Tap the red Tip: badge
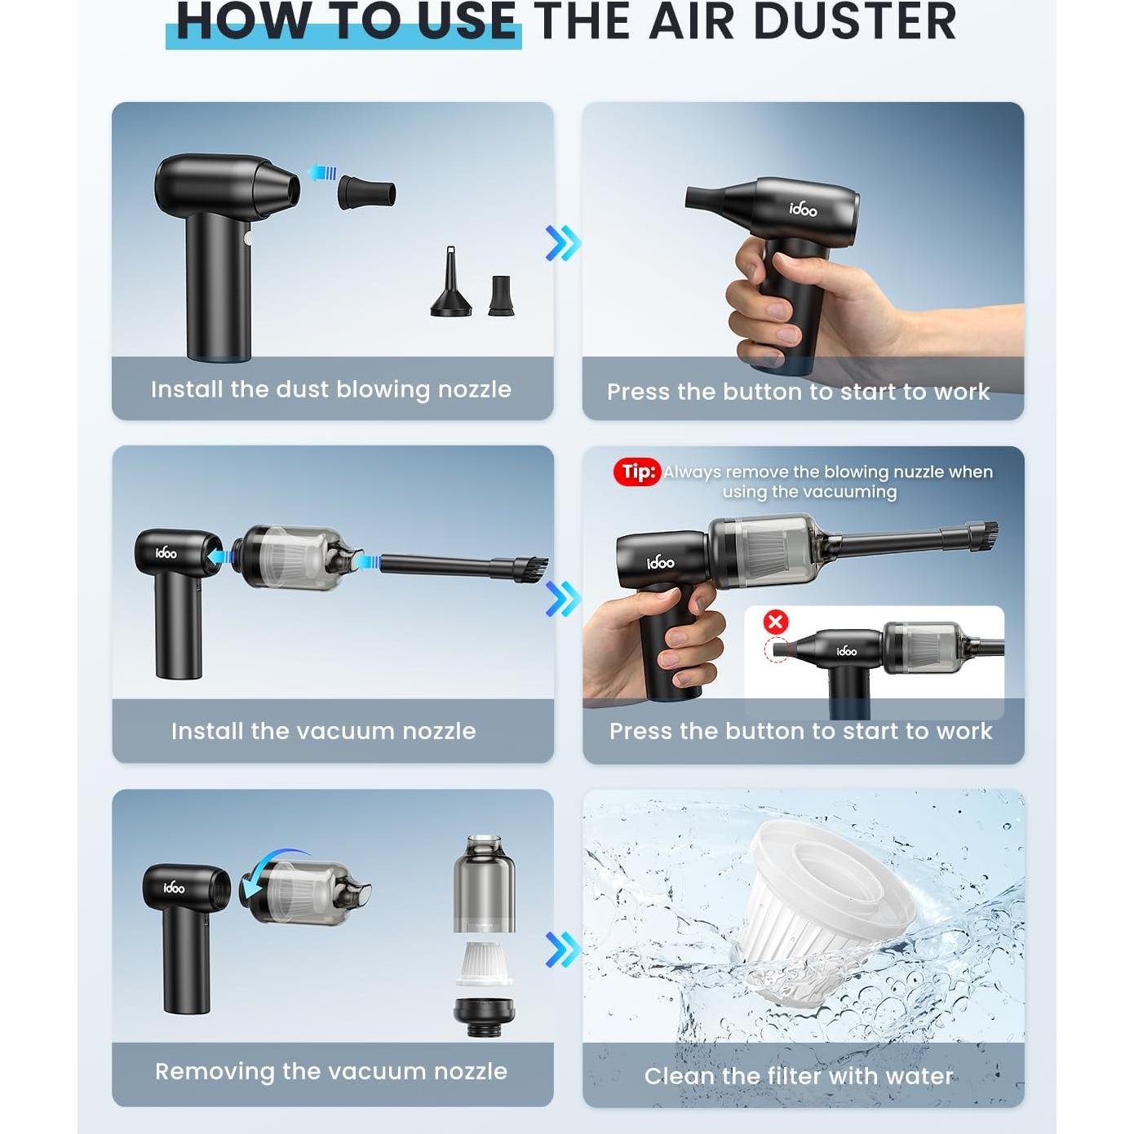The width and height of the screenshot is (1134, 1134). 636,472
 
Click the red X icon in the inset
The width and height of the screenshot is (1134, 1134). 776,622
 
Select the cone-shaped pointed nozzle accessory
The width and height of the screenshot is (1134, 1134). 451,281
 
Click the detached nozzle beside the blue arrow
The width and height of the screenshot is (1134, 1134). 366,192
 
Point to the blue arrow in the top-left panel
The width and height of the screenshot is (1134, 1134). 322,172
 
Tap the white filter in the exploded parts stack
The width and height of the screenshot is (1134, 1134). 484,963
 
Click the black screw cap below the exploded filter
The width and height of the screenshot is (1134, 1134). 485,1017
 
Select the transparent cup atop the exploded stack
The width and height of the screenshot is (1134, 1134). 485,883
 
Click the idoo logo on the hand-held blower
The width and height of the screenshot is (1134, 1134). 803,209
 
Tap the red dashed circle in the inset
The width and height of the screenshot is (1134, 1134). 776,651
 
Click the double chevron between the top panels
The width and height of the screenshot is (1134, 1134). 563,243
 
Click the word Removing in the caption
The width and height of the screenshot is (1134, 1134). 215,1072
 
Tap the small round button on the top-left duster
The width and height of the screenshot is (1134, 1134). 248,239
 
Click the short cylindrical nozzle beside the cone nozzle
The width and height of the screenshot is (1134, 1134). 501,295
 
